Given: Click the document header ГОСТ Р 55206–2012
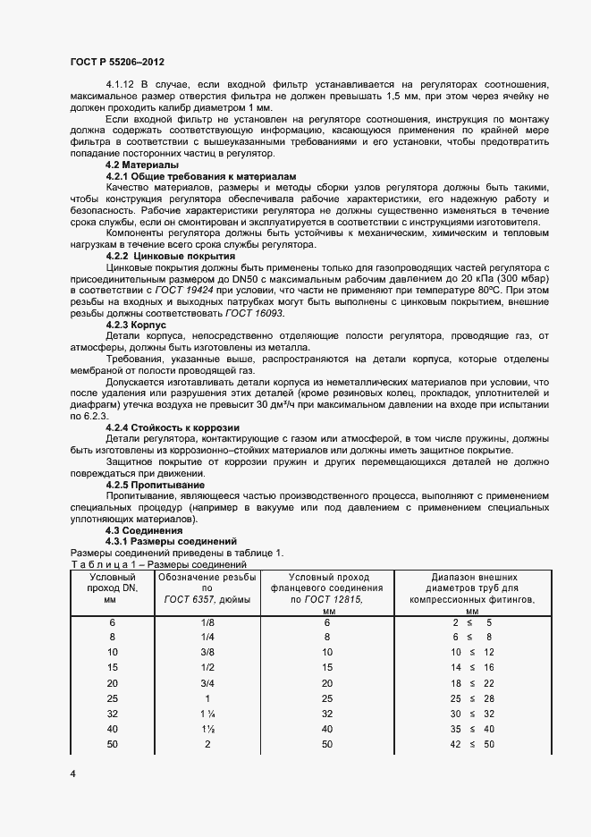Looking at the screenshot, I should pyautogui.click(x=117, y=62).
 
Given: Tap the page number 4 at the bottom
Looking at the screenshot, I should pyautogui.click(x=72, y=772).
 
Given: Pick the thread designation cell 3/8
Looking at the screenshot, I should pyautogui.click(x=207, y=653).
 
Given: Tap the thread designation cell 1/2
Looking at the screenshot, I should pyautogui.click(x=207, y=668).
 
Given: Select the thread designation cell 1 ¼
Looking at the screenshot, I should pyautogui.click(x=207, y=714).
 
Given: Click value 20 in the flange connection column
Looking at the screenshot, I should pyautogui.click(x=327, y=683).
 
